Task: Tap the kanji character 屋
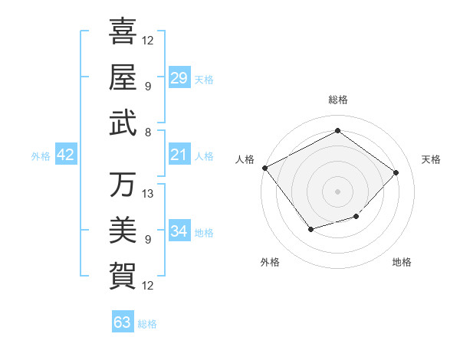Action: tap(123, 77)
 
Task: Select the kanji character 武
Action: tap(123, 123)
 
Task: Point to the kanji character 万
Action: tap(123, 185)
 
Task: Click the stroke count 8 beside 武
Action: tap(147, 132)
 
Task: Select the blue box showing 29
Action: tap(179, 78)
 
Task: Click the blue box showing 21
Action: tap(179, 155)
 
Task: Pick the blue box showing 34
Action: tap(179, 232)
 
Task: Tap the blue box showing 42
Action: tap(66, 155)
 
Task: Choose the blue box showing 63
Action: tap(123, 322)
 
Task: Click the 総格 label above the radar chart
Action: tap(337, 100)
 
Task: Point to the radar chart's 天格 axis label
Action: tap(432, 159)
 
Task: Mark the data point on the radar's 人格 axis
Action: tap(264, 168)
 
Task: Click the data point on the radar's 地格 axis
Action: tap(356, 217)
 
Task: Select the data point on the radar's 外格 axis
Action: tap(310, 229)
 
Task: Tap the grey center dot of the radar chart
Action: tap(337, 191)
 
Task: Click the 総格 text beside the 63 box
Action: tap(147, 324)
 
